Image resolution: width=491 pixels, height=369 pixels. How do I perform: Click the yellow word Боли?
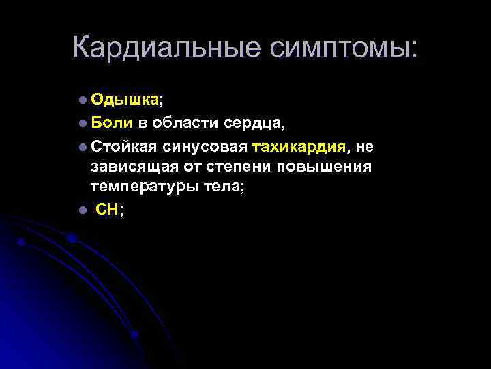coord(106,123)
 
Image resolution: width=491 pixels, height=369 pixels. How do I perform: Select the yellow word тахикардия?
coord(301,146)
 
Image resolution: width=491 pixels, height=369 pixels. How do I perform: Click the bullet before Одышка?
coord(82,100)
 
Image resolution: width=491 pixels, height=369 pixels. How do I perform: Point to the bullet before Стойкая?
coord(82,147)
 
